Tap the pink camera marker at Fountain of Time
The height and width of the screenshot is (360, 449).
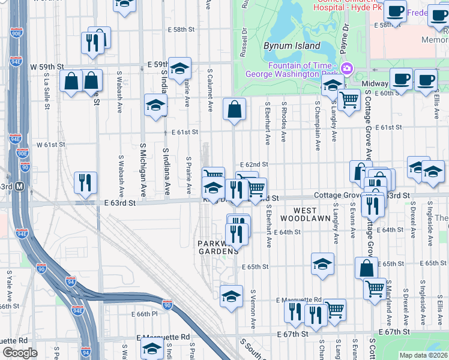pyautogui.click(x=346, y=68)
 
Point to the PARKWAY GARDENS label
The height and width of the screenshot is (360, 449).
pyautogui.click(x=218, y=247)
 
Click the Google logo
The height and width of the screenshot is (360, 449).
pyautogui.click(x=19, y=353)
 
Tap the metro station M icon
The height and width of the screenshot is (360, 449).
pyautogui.click(x=19, y=186)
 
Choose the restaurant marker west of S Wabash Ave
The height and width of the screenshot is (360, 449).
pyautogui.click(x=86, y=182)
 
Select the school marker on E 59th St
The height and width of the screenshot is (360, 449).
pyautogui.click(x=179, y=70)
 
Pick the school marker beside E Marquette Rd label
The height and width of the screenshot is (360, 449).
pyautogui.click(x=232, y=296)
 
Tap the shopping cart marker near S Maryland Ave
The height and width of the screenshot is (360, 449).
pyautogui.click(x=375, y=288)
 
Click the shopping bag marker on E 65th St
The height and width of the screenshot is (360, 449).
pyautogui.click(x=366, y=268)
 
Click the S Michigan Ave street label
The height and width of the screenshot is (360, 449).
pyautogui.click(x=143, y=170)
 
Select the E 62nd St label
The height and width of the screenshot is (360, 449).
pyautogui.click(x=253, y=164)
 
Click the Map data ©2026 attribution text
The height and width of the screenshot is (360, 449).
pyautogui.click(x=423, y=355)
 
